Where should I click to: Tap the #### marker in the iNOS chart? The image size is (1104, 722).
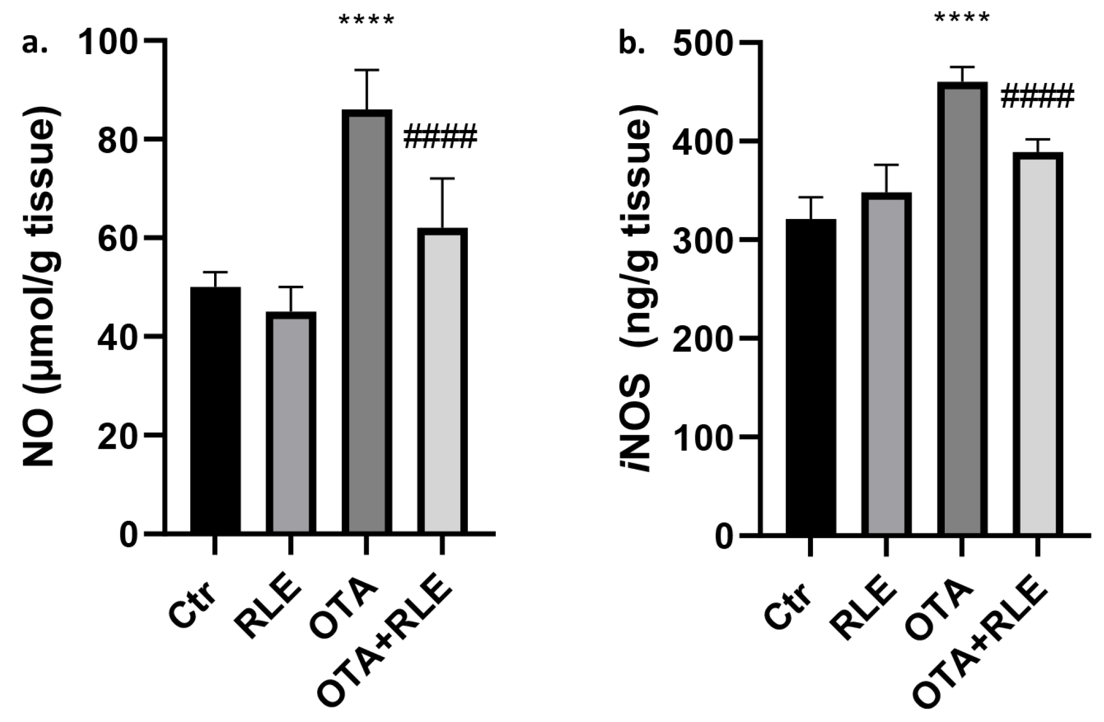pyautogui.click(x=1036, y=96)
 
